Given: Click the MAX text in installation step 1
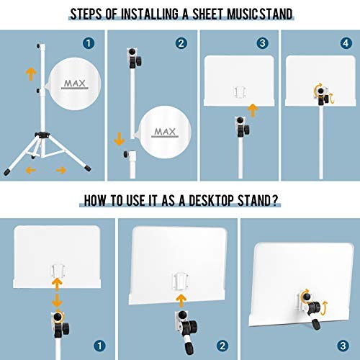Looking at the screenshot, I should point(73,84).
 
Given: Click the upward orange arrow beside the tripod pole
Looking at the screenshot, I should point(29,73).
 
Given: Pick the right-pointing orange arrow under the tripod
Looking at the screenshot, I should point(61,170).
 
